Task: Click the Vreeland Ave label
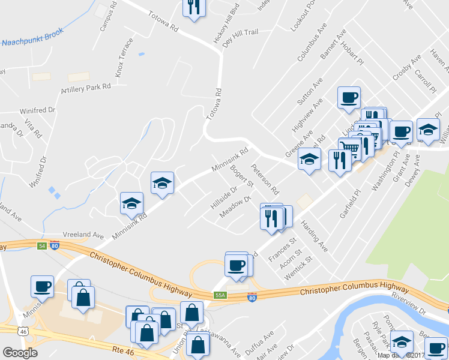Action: coord(83,236)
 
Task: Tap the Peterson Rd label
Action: coord(265,179)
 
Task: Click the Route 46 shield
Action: coord(22,331)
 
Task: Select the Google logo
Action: coord(20,353)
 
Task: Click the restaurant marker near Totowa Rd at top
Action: coord(194,7)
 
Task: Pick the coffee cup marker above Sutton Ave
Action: coord(349,97)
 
